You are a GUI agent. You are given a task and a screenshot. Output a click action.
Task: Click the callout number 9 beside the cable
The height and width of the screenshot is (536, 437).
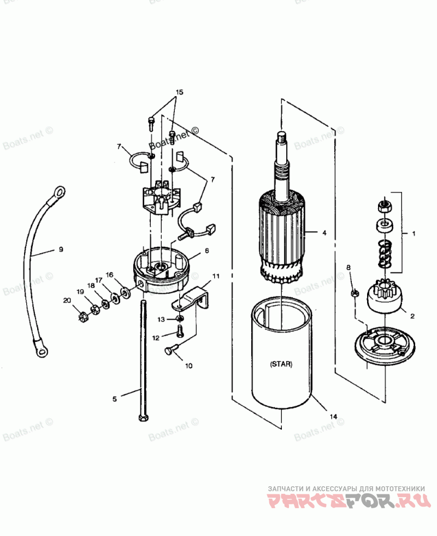(61, 249)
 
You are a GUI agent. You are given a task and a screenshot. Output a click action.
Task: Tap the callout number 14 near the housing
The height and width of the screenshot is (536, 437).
(333, 417)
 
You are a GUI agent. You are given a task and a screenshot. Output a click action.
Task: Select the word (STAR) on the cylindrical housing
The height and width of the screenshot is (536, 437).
(281, 364)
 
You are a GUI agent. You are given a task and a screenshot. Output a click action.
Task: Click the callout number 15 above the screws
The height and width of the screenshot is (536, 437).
(180, 91)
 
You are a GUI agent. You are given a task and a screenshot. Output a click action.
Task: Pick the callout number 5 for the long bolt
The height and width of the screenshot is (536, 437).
(115, 399)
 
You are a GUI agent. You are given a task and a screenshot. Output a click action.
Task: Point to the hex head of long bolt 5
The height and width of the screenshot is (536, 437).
(143, 417)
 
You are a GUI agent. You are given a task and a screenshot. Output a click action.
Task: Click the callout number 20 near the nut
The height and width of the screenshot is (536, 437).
(67, 300)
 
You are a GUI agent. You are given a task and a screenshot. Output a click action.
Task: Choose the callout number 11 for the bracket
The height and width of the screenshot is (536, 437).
(216, 276)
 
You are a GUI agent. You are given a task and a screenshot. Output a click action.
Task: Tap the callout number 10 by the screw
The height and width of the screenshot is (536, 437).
(188, 365)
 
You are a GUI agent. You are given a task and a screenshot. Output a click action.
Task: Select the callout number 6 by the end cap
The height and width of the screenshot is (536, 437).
(207, 250)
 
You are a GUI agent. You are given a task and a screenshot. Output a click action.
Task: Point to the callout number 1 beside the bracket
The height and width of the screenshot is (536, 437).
(414, 233)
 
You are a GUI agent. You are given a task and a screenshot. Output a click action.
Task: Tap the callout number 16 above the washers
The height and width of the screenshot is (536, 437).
(110, 275)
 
